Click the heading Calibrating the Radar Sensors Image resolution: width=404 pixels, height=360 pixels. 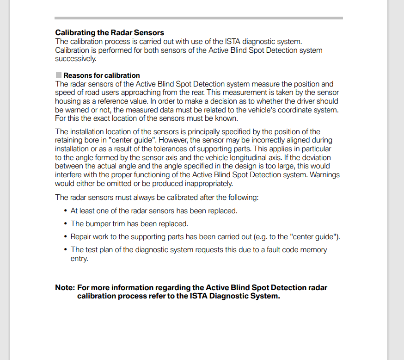(x=110, y=32)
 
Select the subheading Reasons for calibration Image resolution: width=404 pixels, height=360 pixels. (x=101, y=75)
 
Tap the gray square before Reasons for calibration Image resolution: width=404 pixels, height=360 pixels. (x=58, y=75)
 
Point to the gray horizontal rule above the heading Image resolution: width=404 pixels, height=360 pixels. (x=199, y=18)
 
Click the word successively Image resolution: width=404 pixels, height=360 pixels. (x=76, y=59)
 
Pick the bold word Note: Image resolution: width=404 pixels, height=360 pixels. (x=65, y=287)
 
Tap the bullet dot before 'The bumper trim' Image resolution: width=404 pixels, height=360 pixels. (x=66, y=224)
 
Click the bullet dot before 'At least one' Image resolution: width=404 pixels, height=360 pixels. (x=66, y=211)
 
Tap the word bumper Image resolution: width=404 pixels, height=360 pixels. (x=98, y=224)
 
